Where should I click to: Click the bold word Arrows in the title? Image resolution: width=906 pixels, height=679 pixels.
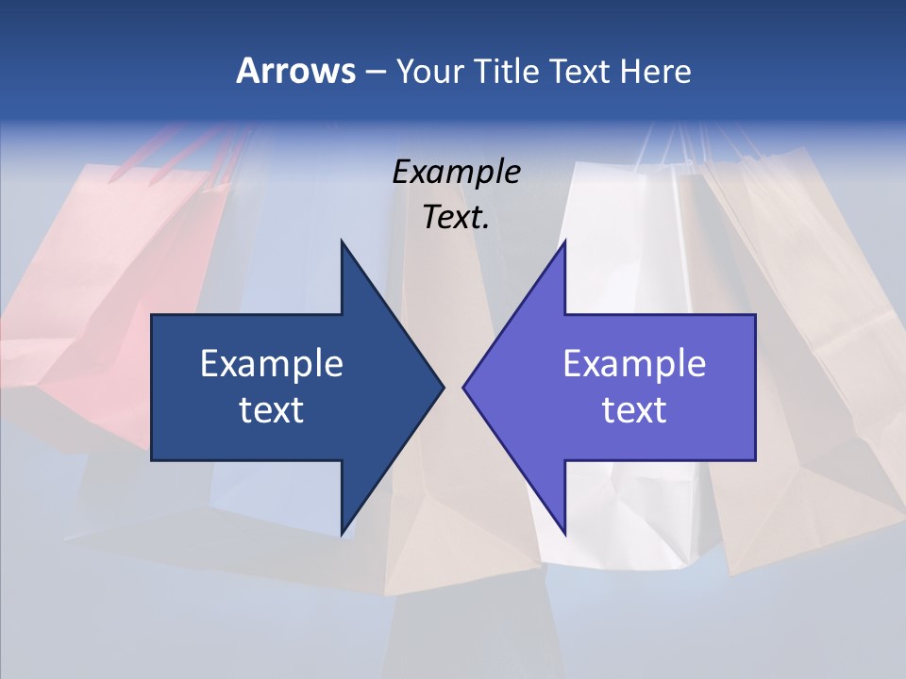point(295,71)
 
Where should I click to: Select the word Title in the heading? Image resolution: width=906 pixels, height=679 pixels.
point(506,71)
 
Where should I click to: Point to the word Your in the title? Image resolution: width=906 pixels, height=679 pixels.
point(428,71)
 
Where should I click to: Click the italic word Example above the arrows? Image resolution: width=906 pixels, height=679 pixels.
point(456,172)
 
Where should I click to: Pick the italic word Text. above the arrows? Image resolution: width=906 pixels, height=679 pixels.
point(456,217)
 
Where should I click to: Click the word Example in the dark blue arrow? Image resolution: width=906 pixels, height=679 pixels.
point(272,363)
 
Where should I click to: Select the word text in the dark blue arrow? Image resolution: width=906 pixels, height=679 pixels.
point(272,409)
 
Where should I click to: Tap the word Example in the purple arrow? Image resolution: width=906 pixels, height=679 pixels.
point(634,363)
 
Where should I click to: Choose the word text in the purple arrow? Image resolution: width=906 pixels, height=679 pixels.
point(634,409)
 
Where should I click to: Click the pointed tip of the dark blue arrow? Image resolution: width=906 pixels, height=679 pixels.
point(443,387)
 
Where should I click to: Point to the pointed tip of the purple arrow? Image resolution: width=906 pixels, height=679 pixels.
point(464,387)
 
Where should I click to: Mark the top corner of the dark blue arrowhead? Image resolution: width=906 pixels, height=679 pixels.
point(342,242)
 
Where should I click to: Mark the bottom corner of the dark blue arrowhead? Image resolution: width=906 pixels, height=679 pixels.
point(342,533)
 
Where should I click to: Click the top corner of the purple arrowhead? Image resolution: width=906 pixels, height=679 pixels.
point(564,242)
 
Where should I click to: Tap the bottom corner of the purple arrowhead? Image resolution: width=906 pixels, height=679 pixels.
point(564,533)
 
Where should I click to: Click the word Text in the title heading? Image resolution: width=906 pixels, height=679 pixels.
point(582,71)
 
